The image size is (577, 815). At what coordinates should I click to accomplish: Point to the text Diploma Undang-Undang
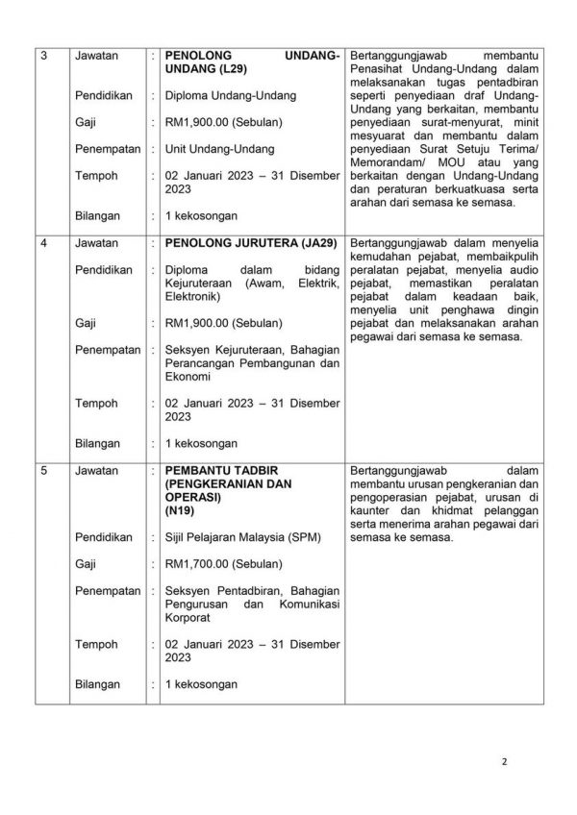pos(231,96)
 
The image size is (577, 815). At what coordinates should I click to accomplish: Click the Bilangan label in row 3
pos(98,216)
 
